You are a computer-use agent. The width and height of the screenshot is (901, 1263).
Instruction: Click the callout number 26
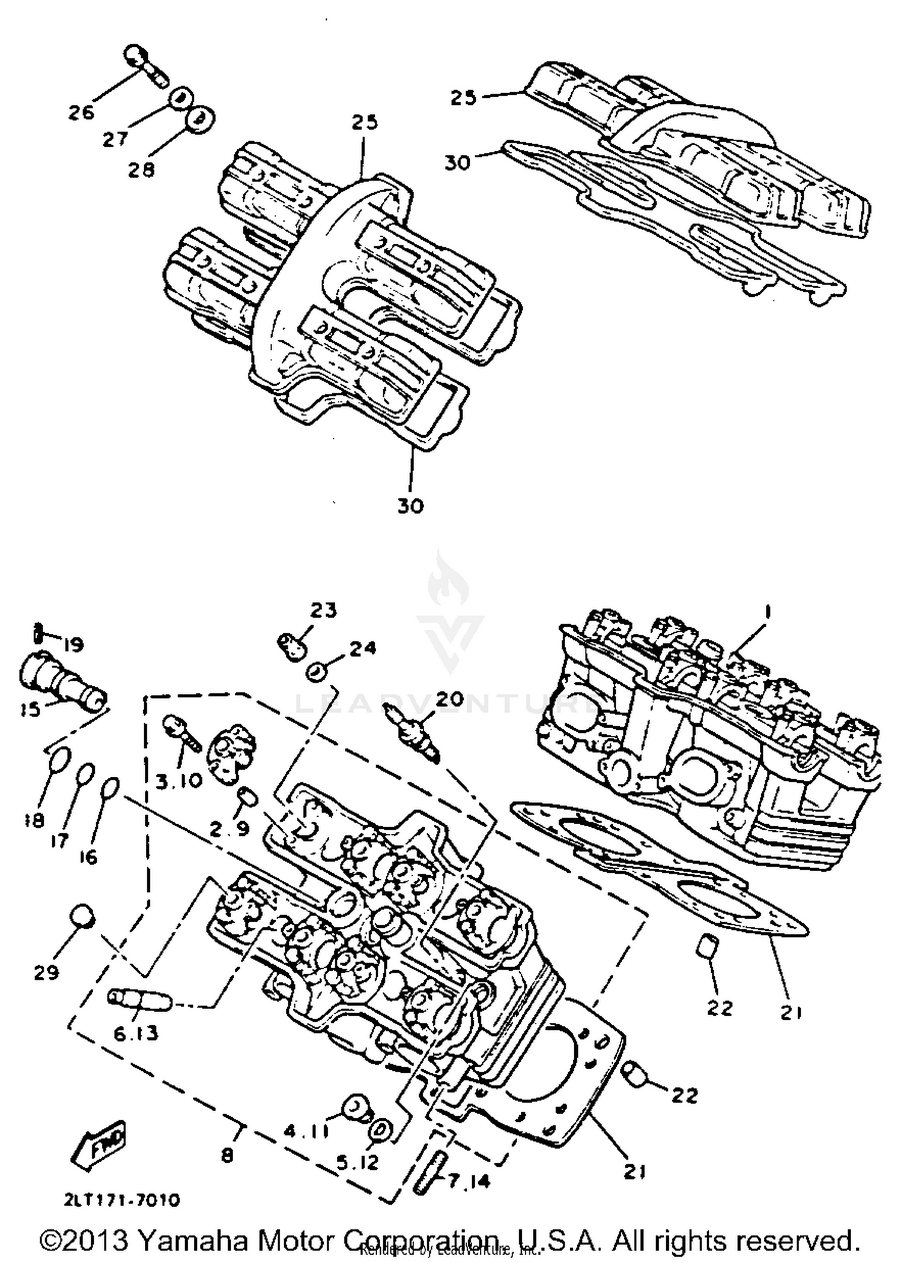point(81,112)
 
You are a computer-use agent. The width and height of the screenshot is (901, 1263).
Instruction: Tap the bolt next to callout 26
point(144,66)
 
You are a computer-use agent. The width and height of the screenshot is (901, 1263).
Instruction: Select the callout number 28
point(141,170)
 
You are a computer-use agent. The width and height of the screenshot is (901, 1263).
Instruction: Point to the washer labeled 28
point(200,118)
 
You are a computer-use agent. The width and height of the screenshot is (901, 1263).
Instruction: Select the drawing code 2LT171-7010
point(122,1200)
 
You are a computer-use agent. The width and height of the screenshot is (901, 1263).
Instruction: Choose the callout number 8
point(227,1154)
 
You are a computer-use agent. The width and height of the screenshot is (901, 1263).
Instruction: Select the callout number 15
point(29,710)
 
